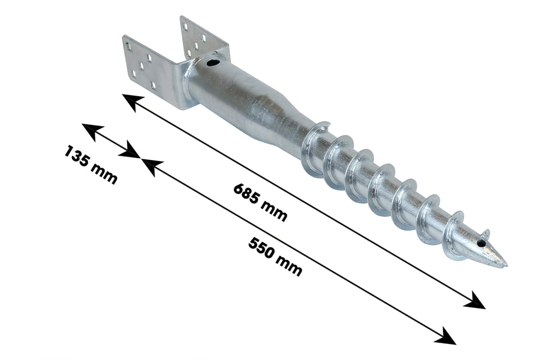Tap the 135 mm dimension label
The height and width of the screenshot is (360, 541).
(x=91, y=165)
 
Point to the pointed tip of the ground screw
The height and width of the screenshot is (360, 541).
(x=506, y=265)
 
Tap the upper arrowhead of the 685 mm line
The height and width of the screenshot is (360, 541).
(x=133, y=102)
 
